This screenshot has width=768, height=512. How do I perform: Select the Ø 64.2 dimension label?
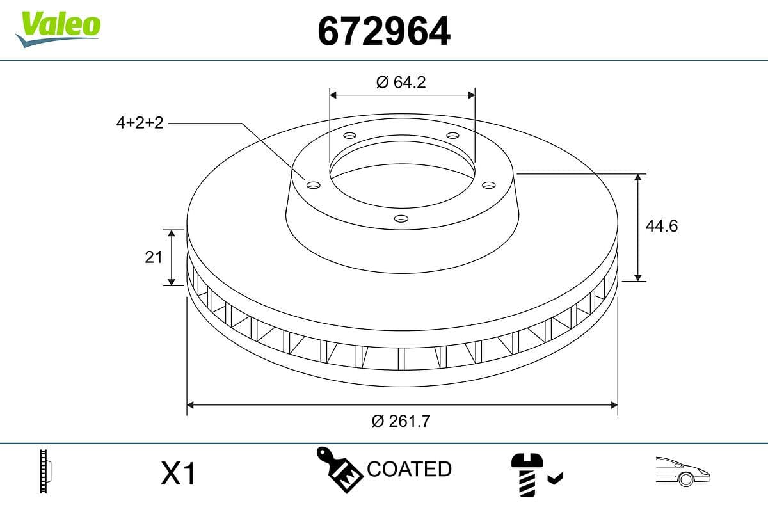click(x=401, y=83)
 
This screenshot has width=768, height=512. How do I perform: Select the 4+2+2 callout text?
click(x=140, y=123)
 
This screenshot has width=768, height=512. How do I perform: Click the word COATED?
click(x=409, y=469)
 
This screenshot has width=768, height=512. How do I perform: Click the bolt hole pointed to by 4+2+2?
click(x=313, y=185)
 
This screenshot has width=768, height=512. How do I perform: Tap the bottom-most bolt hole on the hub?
click(x=401, y=219)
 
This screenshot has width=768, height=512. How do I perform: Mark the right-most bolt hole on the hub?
click(x=489, y=185)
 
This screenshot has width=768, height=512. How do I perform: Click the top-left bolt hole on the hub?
click(x=349, y=136)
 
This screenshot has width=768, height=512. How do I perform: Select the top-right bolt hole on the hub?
click(x=452, y=136)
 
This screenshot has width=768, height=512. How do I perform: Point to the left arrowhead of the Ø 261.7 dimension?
click(x=190, y=404)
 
